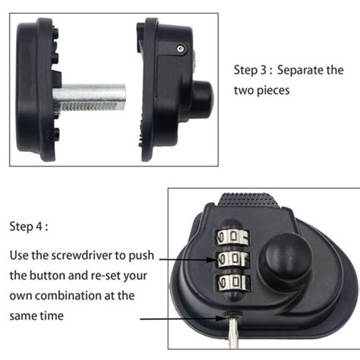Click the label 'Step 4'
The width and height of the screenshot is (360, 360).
pos(30,226)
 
